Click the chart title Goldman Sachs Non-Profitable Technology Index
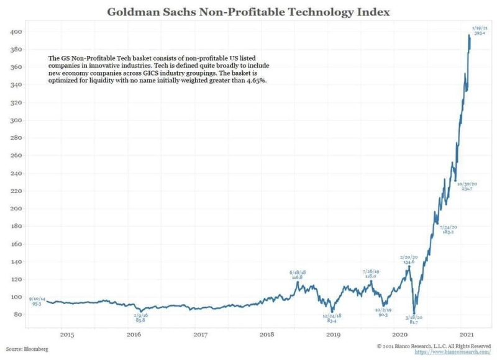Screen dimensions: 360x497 pyautogui.click(x=248, y=12)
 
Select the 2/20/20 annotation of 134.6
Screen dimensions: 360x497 pyautogui.click(x=408, y=259)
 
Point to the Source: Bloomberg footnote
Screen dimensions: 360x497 pyautogui.click(x=27, y=349)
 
